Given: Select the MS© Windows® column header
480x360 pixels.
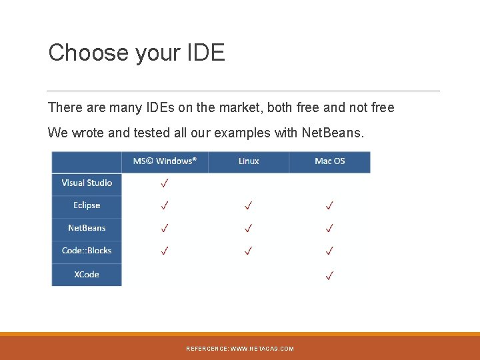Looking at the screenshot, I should point(165,161).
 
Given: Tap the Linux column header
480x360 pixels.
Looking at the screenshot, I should point(249,161).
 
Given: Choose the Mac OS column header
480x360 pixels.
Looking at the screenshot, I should point(329,161).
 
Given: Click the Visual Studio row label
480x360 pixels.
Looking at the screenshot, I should point(87,183).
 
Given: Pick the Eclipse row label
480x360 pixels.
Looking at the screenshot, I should point(87,205).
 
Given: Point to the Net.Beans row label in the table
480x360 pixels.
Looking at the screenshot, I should point(87,228).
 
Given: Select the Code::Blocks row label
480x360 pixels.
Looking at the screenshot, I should point(87,251).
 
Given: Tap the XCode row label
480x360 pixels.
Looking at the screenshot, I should point(87,274).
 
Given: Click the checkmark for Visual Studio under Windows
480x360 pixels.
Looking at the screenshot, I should point(164,183).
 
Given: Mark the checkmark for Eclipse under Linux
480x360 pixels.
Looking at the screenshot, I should point(248,205).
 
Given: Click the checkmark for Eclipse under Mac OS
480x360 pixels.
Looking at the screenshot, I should point(329,205).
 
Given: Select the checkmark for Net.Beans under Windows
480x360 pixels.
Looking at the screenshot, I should point(164,228).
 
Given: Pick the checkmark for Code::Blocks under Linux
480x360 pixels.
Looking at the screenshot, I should point(248,251).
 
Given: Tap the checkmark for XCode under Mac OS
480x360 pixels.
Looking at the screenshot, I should point(329,274).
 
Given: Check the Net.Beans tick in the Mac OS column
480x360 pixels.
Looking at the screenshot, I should point(329,228).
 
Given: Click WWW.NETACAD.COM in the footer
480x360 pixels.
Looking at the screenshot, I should point(262,349).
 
